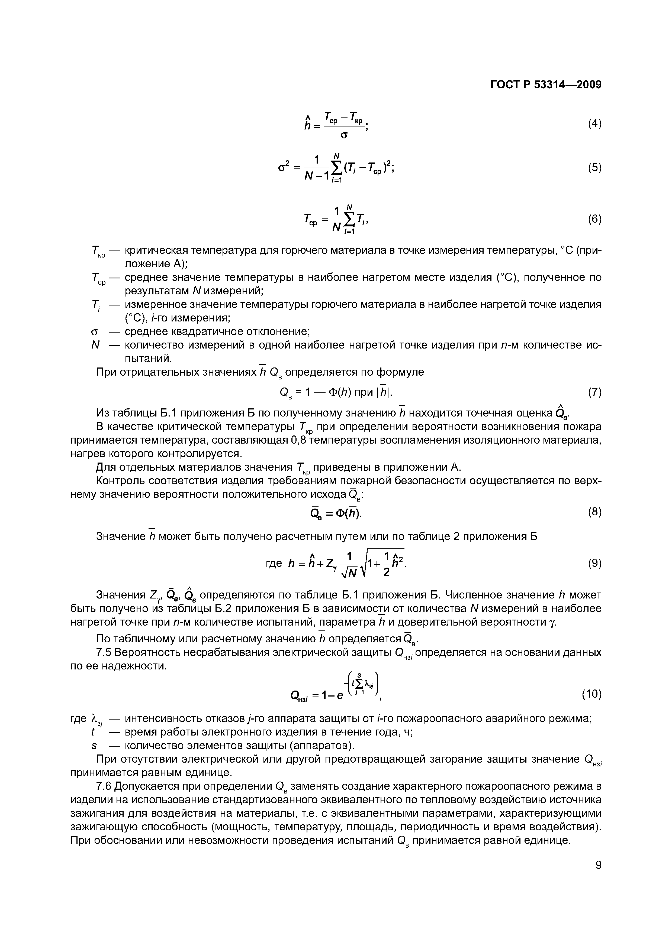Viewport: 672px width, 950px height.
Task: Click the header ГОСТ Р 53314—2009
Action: click(x=545, y=84)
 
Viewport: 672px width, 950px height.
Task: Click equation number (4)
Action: click(x=594, y=124)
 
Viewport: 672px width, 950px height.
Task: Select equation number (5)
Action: click(x=594, y=168)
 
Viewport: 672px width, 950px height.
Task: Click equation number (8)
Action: click(x=594, y=512)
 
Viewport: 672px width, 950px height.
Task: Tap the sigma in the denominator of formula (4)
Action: click(x=343, y=135)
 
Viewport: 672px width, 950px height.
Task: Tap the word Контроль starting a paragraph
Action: click(x=120, y=481)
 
